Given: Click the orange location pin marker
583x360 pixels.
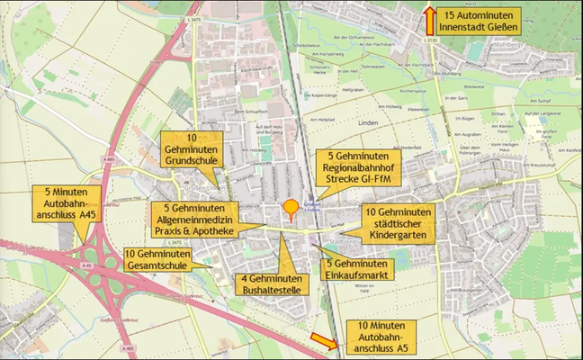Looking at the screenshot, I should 291,210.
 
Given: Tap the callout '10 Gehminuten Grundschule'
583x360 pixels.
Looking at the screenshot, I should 187,149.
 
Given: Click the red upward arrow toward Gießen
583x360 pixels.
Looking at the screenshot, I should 430,20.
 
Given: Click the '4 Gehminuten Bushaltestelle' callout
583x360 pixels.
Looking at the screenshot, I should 273,283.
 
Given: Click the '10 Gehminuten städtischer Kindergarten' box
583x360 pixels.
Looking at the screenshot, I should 396,222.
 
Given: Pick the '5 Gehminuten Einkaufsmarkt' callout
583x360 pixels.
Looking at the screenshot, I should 357,268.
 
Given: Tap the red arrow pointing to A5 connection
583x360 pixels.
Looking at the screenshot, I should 322,340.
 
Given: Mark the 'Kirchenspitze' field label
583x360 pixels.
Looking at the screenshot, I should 413,91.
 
